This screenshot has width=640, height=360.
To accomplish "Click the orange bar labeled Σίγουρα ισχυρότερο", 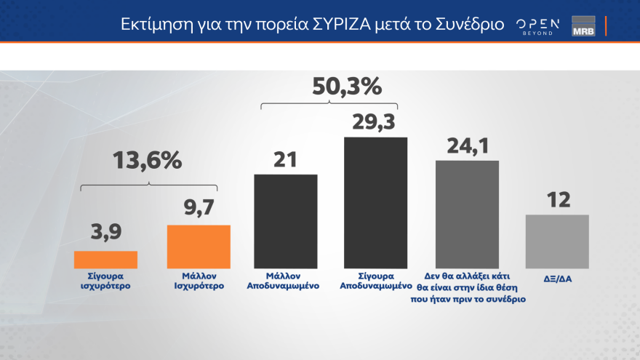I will (105, 260).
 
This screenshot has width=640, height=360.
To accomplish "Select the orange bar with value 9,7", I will (199, 247).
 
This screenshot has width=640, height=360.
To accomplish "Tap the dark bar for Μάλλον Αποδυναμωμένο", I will (286, 222).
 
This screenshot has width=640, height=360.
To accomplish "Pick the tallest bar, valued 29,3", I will (375, 203).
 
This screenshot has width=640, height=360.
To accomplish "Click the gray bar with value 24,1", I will (467, 215).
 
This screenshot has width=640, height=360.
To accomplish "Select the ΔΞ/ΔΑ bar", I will (557, 241).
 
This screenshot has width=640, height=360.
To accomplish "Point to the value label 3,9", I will (105, 234).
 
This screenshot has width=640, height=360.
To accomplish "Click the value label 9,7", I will (199, 209).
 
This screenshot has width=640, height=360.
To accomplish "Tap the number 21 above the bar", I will (286, 158).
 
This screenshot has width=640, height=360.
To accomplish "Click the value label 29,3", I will (375, 121).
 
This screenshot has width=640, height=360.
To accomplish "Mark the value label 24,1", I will (467, 144).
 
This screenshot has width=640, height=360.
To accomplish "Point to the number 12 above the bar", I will (557, 199).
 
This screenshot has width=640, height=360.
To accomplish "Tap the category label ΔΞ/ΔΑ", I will (557, 277).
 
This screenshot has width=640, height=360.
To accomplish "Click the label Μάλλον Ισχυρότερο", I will (199, 281).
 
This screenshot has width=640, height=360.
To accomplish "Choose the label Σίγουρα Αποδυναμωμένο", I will (375, 281).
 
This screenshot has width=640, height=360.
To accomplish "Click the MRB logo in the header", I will (583, 25).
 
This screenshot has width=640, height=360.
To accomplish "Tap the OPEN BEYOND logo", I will (538, 25).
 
